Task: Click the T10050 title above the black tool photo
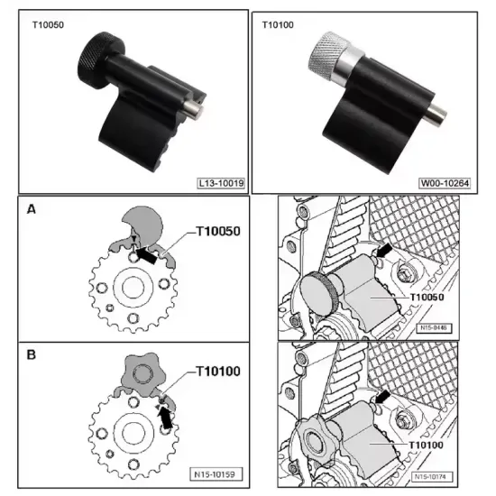coord(48,25)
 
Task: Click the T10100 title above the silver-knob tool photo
coord(278,25)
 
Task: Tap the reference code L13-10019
coord(221,183)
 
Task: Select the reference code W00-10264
coord(445,183)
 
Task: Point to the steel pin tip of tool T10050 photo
coord(195,112)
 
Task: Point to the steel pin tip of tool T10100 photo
coord(436,115)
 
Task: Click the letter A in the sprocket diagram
coord(32,209)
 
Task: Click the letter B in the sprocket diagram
coord(32,354)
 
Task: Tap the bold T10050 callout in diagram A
coord(218,231)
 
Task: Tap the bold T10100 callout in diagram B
coord(218,371)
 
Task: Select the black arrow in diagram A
coord(146,255)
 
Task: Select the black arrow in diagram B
coord(165,418)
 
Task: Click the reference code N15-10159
coord(215,474)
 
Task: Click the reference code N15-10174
coord(431,476)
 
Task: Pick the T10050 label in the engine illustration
coord(427,298)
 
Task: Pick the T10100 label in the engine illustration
coord(426,445)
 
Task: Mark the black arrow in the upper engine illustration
coord(383,250)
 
